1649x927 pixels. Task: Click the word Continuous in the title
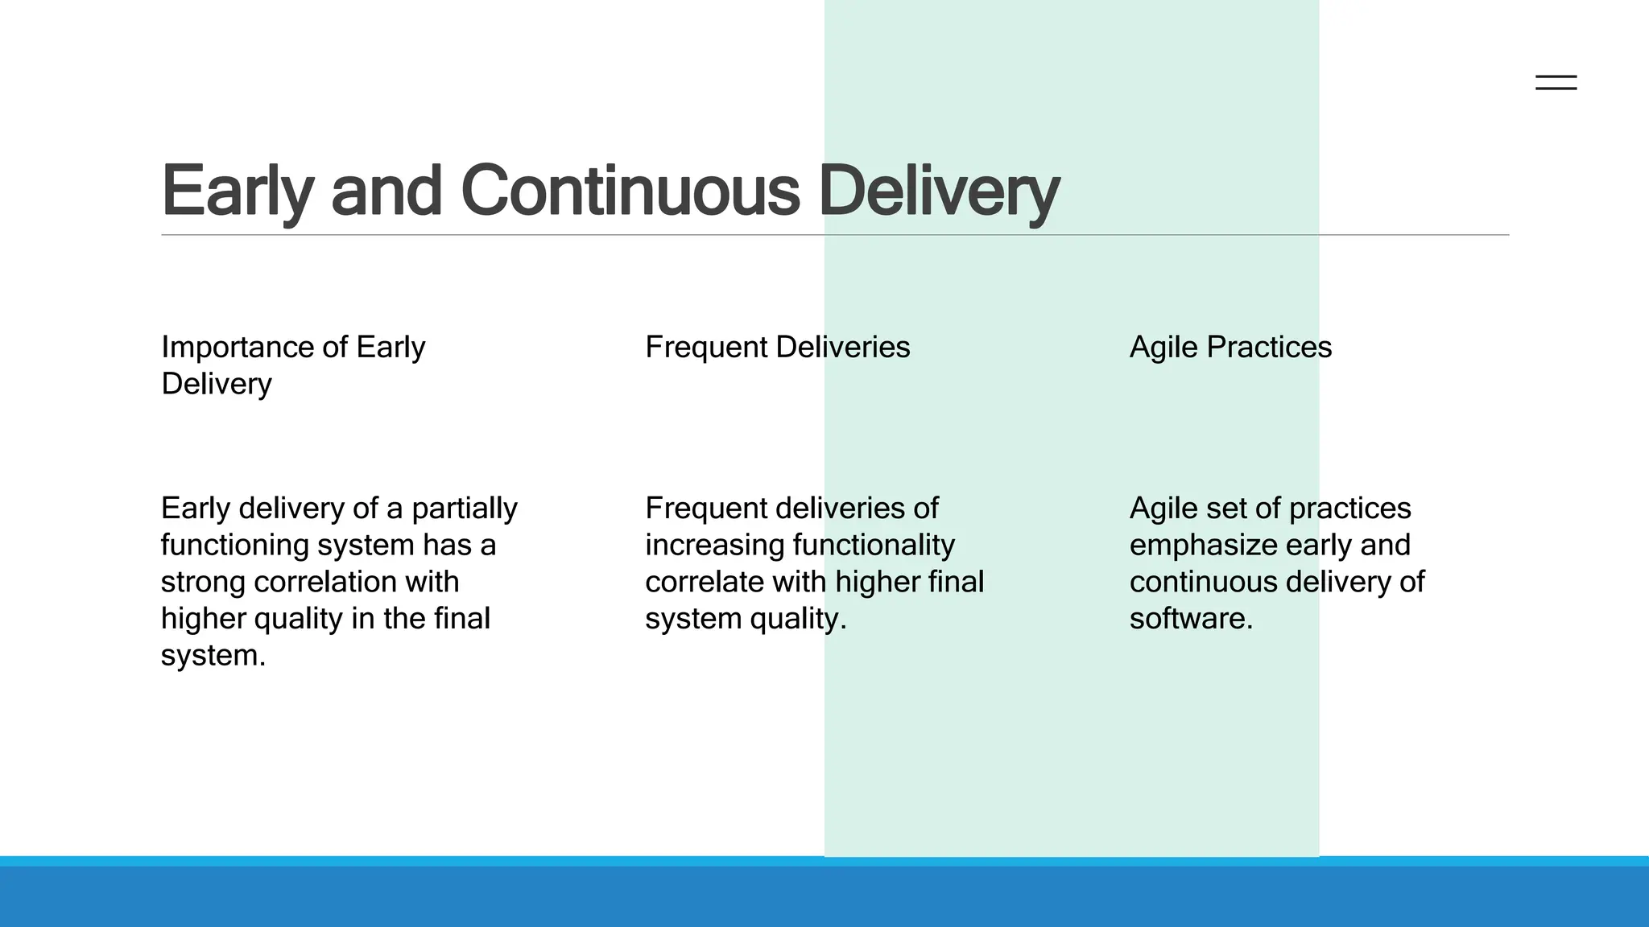[x=630, y=192]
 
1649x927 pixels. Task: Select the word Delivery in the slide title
[x=938, y=192]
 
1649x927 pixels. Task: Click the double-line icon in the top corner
[x=1556, y=82]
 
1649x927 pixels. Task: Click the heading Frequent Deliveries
[x=777, y=348]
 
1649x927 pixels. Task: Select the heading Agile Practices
[x=1230, y=348]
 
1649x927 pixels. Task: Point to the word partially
[x=464, y=509]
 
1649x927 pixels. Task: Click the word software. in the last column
[x=1191, y=619]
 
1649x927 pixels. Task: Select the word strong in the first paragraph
[x=202, y=582]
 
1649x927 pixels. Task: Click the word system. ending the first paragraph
[x=213, y=656]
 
